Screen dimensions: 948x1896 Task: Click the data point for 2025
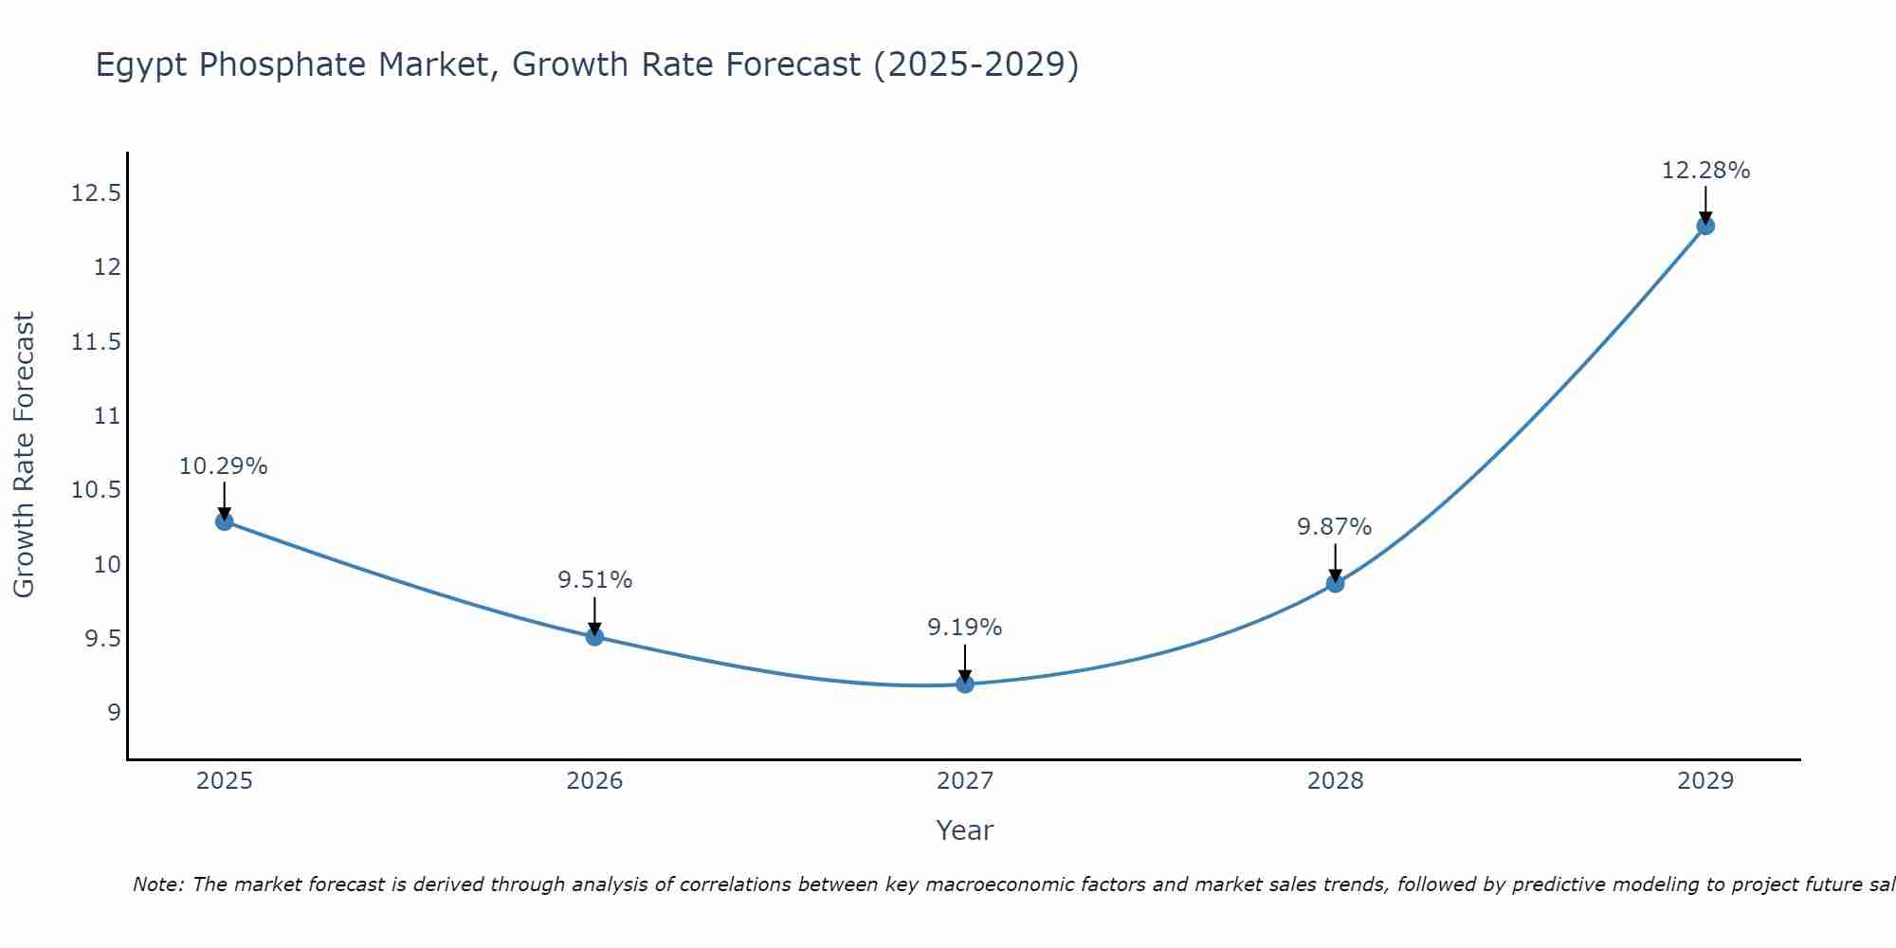(224, 520)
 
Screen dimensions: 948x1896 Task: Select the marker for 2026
(594, 636)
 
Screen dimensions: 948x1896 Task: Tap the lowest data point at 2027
(965, 684)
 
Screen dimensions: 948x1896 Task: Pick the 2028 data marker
(1335, 583)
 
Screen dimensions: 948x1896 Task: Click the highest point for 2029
(1705, 226)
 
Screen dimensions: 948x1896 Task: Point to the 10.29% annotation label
(224, 466)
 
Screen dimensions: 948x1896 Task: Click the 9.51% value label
(594, 580)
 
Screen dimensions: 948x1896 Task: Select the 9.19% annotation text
(965, 628)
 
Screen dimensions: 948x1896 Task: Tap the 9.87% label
(1335, 527)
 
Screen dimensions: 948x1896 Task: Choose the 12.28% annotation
(1705, 171)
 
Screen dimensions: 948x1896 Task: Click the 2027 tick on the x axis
(965, 781)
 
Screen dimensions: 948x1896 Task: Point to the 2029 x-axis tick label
(1705, 781)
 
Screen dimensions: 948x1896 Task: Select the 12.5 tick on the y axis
(96, 193)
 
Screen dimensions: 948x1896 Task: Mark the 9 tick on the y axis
(115, 713)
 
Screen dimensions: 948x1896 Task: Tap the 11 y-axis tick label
(108, 416)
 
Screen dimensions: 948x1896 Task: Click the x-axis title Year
(965, 830)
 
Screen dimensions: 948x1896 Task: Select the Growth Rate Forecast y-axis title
(25, 455)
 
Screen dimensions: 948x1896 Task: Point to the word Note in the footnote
(158, 884)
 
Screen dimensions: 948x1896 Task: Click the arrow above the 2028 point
(1335, 561)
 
